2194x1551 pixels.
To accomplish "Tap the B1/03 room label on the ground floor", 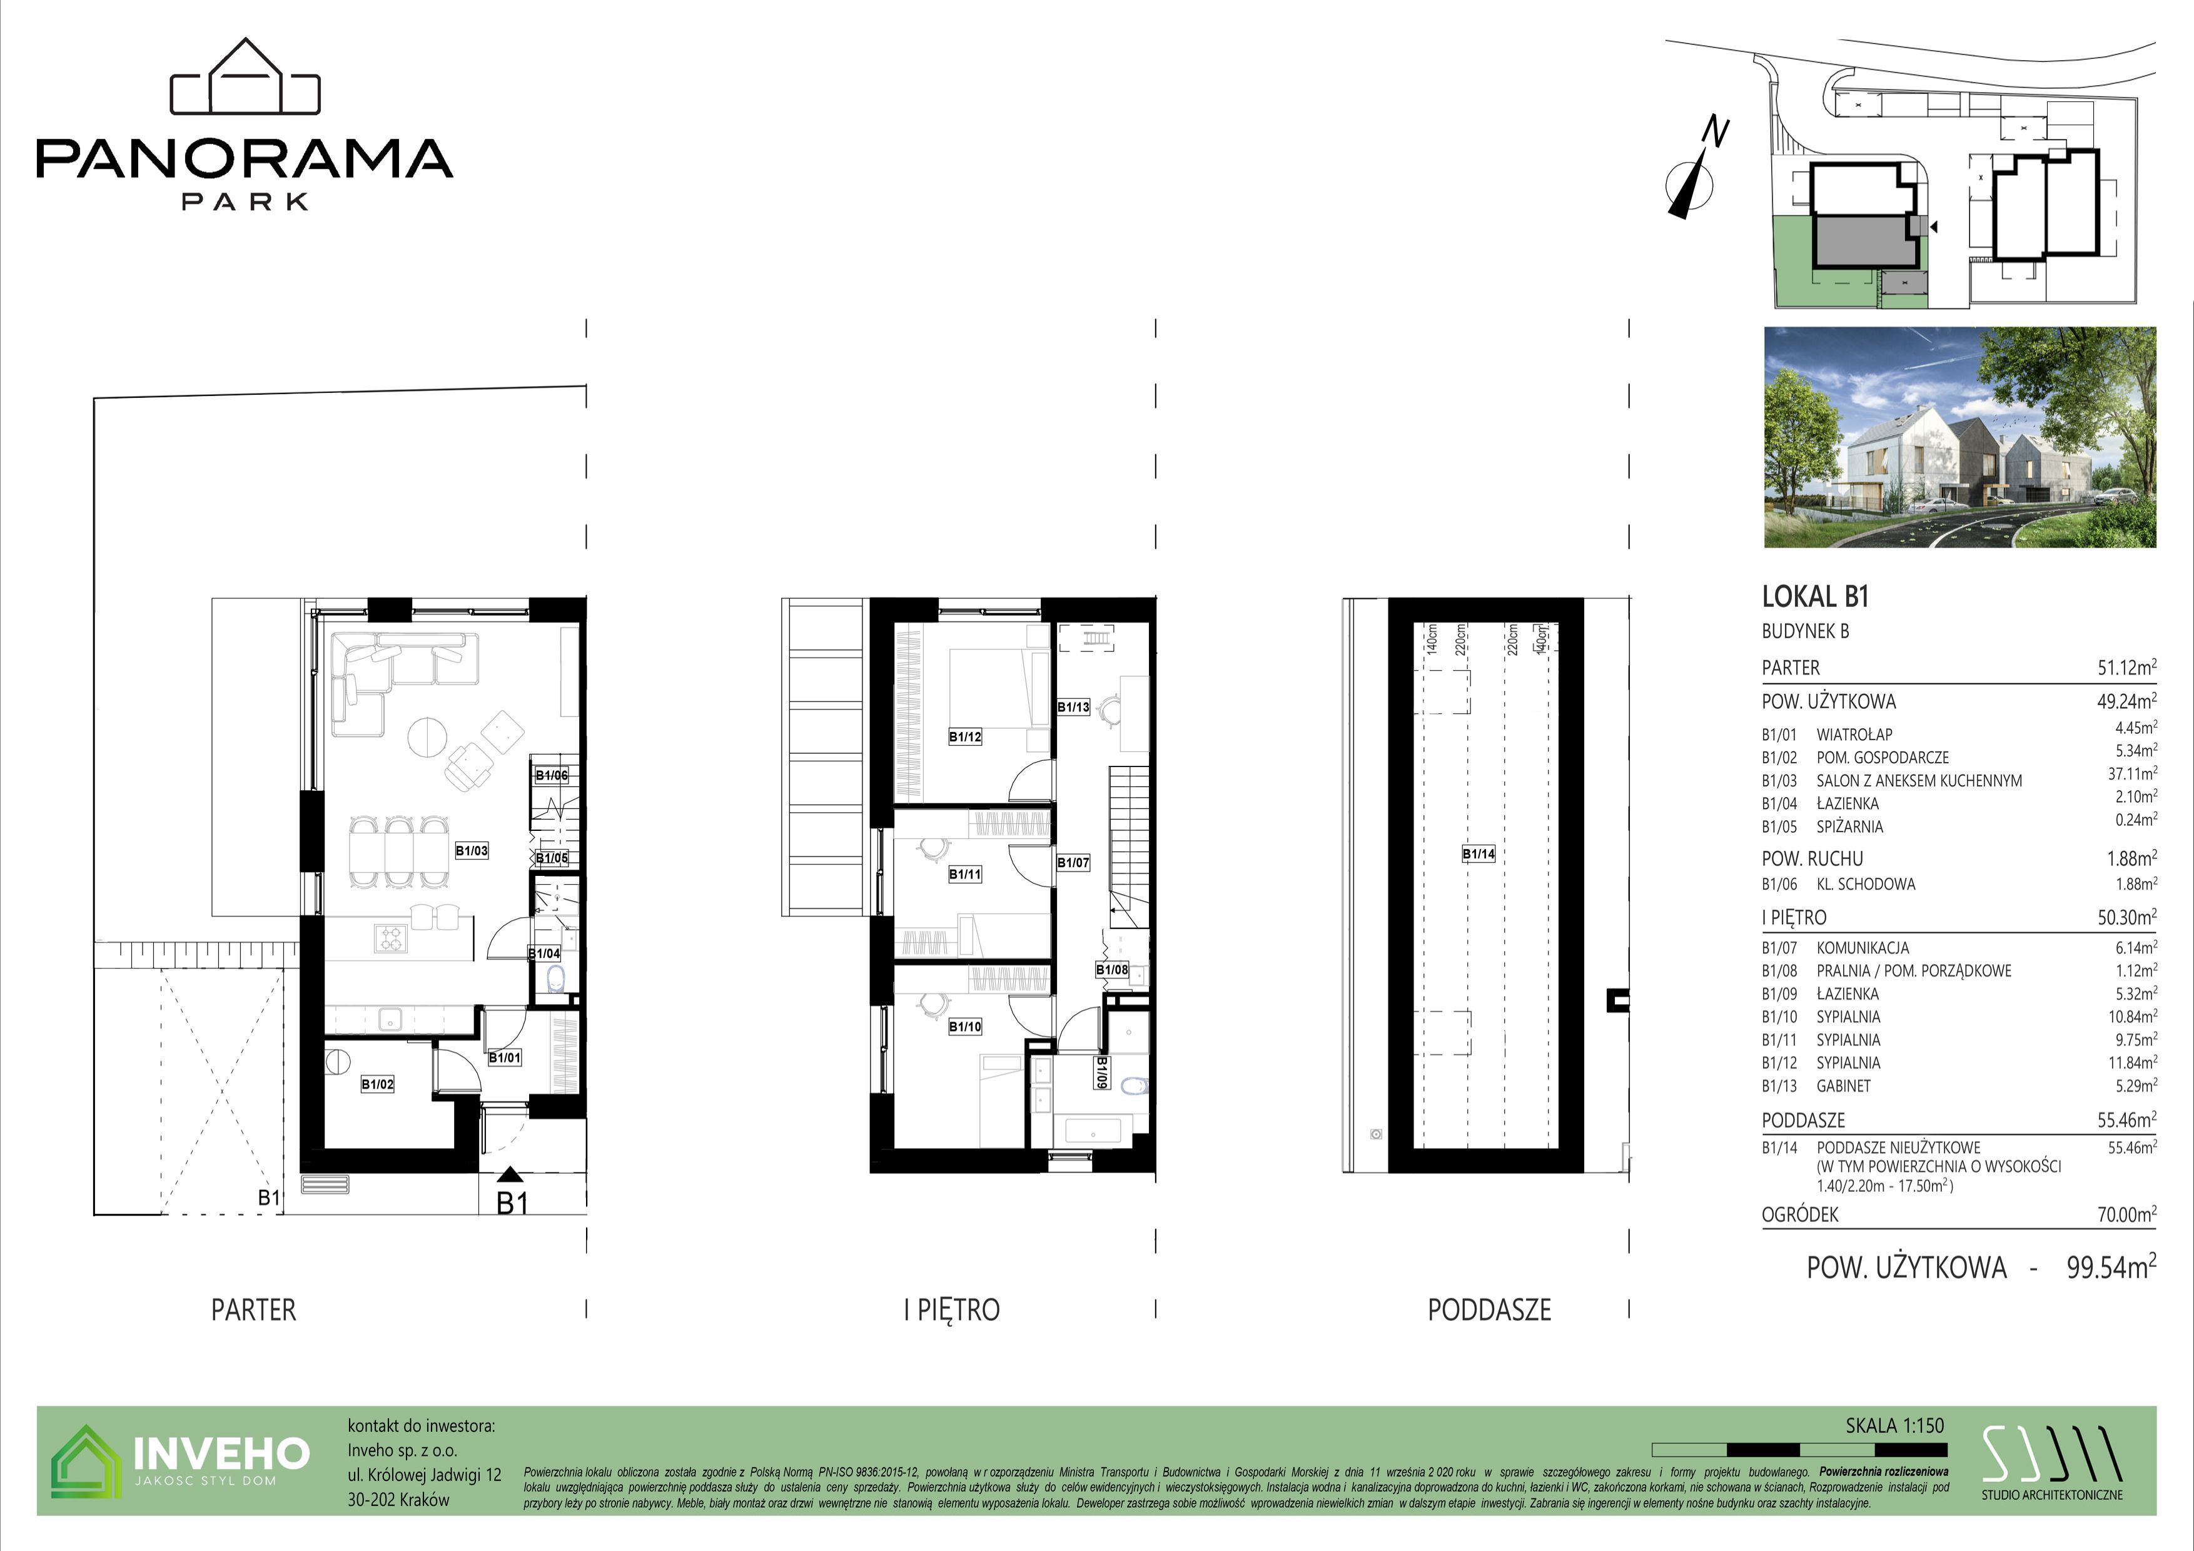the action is click(471, 850).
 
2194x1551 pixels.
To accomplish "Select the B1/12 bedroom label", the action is click(965, 737).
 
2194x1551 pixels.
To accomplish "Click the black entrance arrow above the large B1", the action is click(511, 1176).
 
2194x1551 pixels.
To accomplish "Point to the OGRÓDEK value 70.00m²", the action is click(2126, 1214).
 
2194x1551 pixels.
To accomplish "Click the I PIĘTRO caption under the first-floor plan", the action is click(952, 1309).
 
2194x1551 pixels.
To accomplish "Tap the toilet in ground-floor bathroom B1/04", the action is click(556, 979).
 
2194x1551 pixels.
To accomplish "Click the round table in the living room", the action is click(427, 737).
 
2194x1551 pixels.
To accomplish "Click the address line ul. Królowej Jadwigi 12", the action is click(424, 1475).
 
